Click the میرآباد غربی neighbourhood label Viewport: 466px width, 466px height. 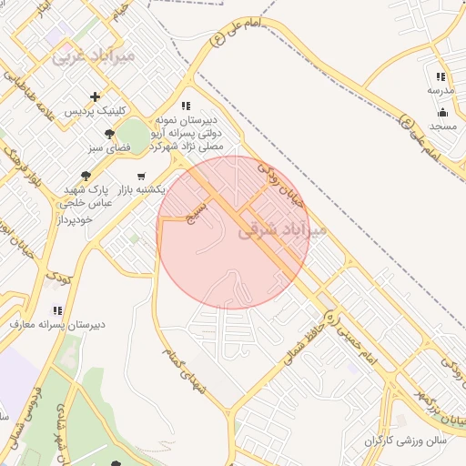click(x=94, y=56)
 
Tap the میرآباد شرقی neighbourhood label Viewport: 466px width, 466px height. click(x=281, y=231)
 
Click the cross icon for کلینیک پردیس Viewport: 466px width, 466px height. click(x=95, y=96)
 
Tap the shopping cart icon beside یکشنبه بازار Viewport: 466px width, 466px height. click(x=140, y=177)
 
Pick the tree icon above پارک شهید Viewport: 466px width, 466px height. click(x=86, y=176)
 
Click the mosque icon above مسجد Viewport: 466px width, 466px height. click(x=442, y=113)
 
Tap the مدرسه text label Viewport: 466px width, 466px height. click(x=440, y=91)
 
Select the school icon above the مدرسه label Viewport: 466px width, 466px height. click(x=441, y=77)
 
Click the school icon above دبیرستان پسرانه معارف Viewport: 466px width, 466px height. click(x=59, y=310)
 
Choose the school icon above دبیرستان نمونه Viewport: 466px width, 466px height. click(x=187, y=106)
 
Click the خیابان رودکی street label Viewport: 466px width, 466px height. click(x=283, y=183)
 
